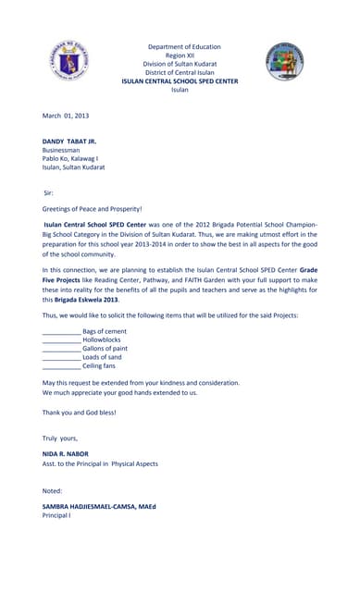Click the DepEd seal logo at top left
tap(64, 63)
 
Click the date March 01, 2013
tap(66, 115)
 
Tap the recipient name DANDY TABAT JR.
tap(68, 141)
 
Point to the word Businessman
tap(61, 150)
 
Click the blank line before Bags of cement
tap(61, 331)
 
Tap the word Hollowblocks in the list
tap(104, 339)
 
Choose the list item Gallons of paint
tap(105, 349)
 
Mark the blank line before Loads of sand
tap(61, 358)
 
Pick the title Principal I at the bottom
tap(61, 515)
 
